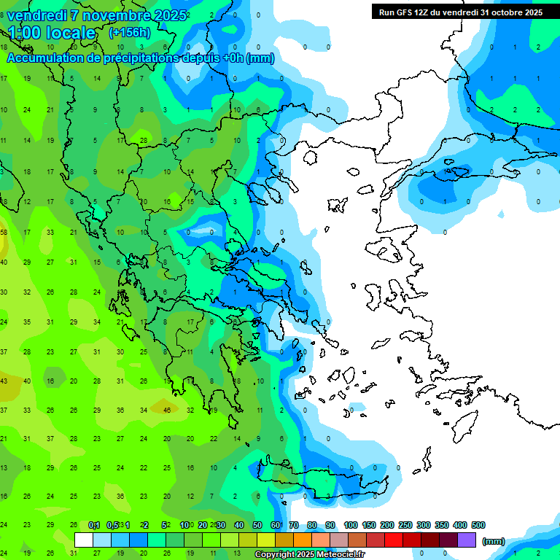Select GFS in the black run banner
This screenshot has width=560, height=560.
coord(405,12)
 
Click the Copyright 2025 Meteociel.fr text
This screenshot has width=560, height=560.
coord(309,555)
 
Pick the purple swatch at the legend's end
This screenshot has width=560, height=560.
coord(467,540)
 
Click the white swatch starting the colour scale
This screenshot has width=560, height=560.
coord(84,540)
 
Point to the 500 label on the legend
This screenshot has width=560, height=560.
coord(478,525)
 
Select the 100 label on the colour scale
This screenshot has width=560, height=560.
coord(350,525)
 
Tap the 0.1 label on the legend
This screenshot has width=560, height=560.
coord(94,525)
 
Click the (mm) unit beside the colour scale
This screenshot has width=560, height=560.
coord(494,541)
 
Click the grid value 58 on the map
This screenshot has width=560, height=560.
coord(4,233)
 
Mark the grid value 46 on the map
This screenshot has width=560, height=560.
coord(167,411)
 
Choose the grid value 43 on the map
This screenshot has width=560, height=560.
coord(4,381)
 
